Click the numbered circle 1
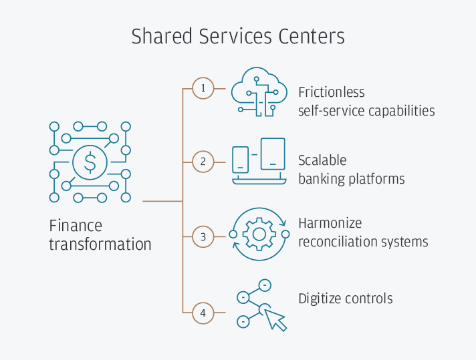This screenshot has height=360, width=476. tap(203, 88)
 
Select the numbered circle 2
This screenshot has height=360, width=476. tap(203, 161)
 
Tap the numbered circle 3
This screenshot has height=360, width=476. tap(203, 236)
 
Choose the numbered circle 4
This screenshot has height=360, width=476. tap(203, 312)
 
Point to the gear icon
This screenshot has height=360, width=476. tap(259, 234)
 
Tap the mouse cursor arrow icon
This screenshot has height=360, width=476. tap(275, 319)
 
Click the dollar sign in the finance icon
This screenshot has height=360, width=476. tap(90, 162)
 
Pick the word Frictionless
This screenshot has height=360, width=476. tap(332, 92)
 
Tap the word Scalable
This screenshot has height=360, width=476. tap(322, 161)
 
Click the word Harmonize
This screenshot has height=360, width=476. tap(330, 223)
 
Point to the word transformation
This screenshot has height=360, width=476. tap(100, 244)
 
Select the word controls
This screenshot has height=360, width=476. tap(369, 298)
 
